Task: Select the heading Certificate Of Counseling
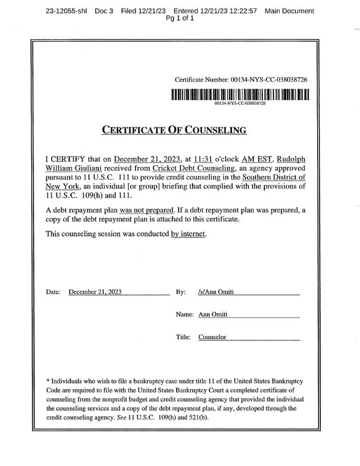click(x=174, y=130)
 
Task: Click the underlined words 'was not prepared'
click(x=145, y=211)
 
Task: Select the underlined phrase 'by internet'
click(x=188, y=234)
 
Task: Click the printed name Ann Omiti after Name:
click(x=213, y=314)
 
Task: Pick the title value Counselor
click(x=213, y=337)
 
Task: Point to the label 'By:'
click(x=181, y=291)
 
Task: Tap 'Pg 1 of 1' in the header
click(x=180, y=19)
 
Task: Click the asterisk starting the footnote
click(x=48, y=380)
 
